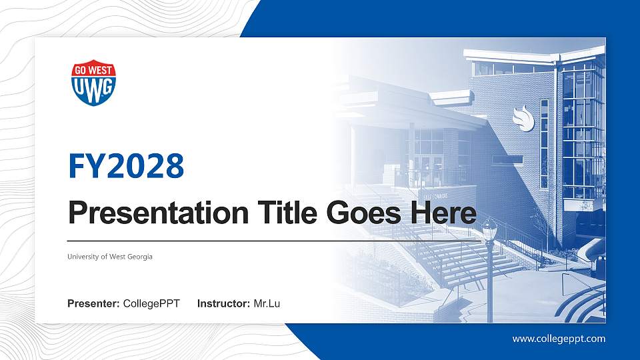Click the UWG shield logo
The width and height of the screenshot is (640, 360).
(x=93, y=83)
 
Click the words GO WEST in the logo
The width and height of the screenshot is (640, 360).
(x=93, y=70)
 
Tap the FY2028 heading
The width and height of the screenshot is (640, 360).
(x=126, y=166)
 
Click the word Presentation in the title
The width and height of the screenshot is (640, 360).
(x=159, y=213)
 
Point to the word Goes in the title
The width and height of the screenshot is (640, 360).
(x=364, y=213)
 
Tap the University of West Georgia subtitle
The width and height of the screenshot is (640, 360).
(x=110, y=257)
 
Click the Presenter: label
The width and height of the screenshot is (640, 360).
(x=93, y=304)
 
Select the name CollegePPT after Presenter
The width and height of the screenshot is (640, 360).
(x=151, y=304)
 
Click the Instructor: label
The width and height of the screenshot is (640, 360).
(x=223, y=304)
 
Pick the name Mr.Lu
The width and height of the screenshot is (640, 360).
(x=267, y=304)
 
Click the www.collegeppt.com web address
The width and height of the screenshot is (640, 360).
(x=559, y=339)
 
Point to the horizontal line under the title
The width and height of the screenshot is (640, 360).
(x=274, y=241)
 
